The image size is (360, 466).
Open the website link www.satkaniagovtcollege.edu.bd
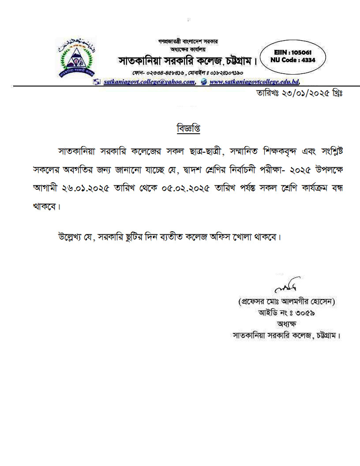pyautogui.click(x=255, y=82)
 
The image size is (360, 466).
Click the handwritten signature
pyautogui.click(x=287, y=287)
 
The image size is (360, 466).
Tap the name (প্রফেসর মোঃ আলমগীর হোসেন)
pyautogui.click(x=288, y=302)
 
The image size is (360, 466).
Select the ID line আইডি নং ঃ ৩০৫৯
pyautogui.click(x=287, y=313)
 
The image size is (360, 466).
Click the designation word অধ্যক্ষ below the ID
pyautogui.click(x=288, y=324)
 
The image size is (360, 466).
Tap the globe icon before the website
pyautogui.click(x=203, y=82)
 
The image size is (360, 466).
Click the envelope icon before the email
pyautogui.click(x=97, y=82)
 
